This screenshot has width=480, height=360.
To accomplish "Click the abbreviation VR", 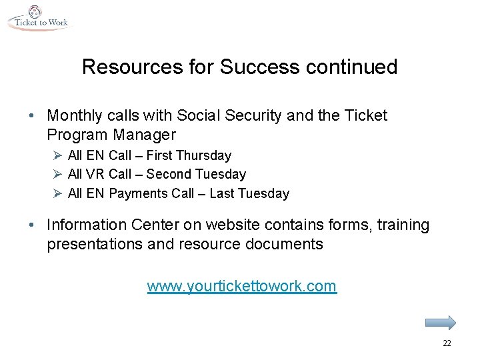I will coord(95,175).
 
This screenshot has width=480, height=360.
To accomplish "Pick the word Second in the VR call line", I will coord(168,175).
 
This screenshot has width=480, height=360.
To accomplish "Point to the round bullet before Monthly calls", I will coord(33,116).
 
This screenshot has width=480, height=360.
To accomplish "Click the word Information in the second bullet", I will coord(84,225).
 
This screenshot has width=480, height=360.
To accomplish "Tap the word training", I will coord(401,225).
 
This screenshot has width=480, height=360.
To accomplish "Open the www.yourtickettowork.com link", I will coord(241,287).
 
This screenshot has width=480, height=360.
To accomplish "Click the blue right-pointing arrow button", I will coord(440,323).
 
